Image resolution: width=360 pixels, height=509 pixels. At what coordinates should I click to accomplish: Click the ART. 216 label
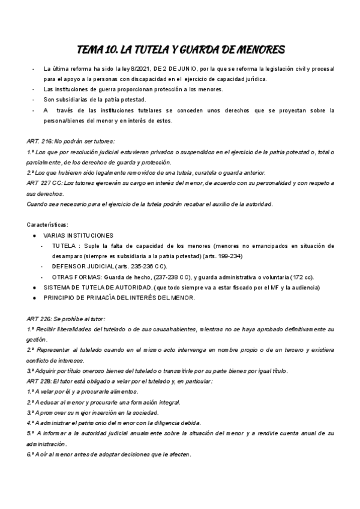click(40, 141)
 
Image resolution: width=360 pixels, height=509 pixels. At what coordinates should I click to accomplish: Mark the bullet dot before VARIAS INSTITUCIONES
click(35, 235)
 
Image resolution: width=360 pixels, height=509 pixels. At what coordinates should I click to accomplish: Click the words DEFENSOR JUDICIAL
click(79, 267)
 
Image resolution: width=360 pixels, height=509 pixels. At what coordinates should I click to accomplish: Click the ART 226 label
click(38, 319)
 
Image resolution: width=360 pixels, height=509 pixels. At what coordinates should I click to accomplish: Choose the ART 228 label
click(38, 381)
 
